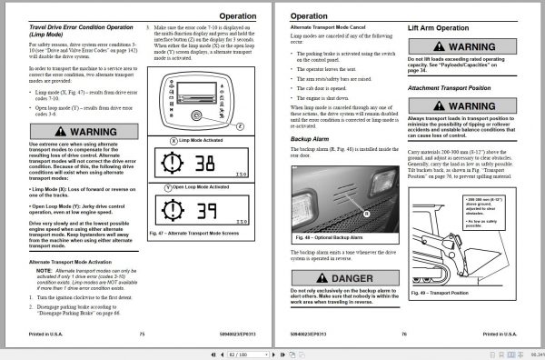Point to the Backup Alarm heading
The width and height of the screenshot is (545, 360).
[x=313, y=138]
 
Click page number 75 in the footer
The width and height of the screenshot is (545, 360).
[x=142, y=334]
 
